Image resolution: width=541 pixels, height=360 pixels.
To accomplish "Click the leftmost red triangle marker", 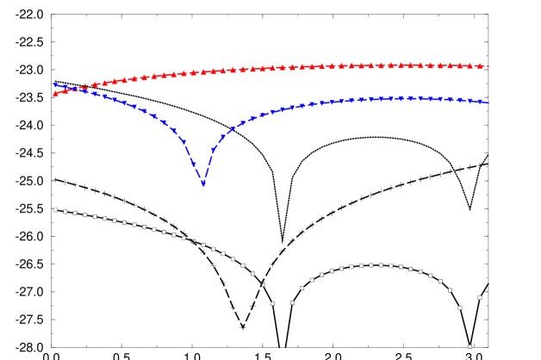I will tap(56, 93).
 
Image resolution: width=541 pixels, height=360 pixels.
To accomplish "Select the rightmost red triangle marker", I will tap(487, 66).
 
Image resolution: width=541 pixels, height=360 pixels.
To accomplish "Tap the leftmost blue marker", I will tap(56, 85).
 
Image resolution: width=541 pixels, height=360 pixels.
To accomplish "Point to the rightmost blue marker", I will tap(487, 102).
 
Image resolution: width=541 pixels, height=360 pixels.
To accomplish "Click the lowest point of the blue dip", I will tap(203, 183).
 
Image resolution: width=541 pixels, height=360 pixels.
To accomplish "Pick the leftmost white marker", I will tap(55, 210).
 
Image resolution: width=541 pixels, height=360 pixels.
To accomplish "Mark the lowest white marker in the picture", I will tap(469, 346).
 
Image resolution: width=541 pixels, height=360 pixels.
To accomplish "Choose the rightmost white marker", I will tap(480, 298).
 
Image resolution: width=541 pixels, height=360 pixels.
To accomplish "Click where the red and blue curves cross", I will tap(75, 89).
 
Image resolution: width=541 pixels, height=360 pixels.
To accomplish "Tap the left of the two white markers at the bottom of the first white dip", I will tap(272, 303).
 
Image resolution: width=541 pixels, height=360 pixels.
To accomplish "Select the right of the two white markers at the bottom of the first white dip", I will tap(292, 302).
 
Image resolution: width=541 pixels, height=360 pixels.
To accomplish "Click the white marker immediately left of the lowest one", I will tap(460, 307).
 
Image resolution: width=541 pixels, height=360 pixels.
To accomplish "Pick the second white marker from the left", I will tap(65, 211).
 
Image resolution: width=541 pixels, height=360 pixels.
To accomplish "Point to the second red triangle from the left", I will tap(65, 90).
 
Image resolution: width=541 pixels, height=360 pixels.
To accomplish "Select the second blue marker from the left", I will tap(65, 87).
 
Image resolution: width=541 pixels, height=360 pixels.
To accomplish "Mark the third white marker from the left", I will tap(75, 213).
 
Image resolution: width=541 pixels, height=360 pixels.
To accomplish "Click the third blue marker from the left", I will tap(75, 89).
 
